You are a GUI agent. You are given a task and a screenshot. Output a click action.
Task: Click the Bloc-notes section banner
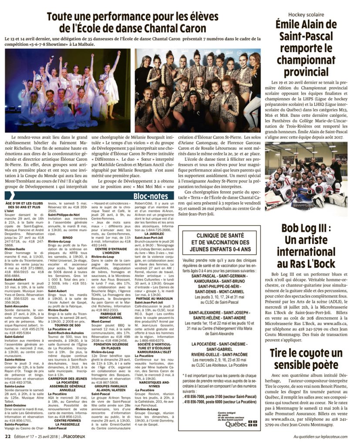tap(151, 196)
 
